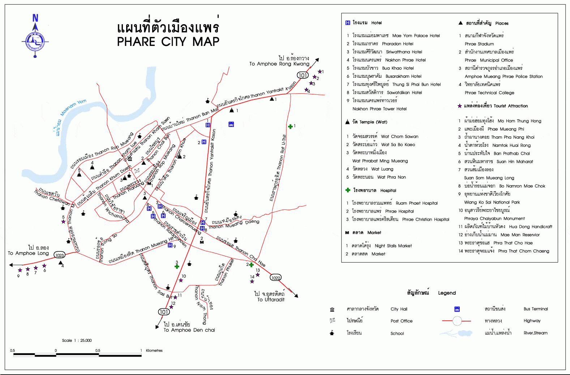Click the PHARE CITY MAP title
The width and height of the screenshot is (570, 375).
(x=168, y=42)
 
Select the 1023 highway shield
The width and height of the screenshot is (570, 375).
(x=59, y=255)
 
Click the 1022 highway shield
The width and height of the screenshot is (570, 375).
(x=275, y=278)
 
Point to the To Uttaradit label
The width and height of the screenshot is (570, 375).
(x=271, y=299)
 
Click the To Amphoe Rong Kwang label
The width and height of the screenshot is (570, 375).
(x=279, y=64)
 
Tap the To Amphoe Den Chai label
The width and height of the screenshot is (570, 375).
(x=189, y=330)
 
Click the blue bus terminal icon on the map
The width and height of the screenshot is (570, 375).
(x=231, y=124)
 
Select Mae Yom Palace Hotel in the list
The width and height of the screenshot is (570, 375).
(x=416, y=36)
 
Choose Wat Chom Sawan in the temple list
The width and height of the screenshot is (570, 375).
(x=399, y=137)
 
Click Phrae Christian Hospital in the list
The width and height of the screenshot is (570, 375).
(x=425, y=220)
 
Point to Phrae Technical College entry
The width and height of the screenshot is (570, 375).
(x=489, y=93)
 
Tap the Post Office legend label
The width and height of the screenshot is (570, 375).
(x=401, y=321)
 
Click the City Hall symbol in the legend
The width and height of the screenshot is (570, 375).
(x=332, y=310)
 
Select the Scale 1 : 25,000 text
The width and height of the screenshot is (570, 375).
(x=77, y=340)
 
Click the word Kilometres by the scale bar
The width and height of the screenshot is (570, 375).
(x=154, y=350)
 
